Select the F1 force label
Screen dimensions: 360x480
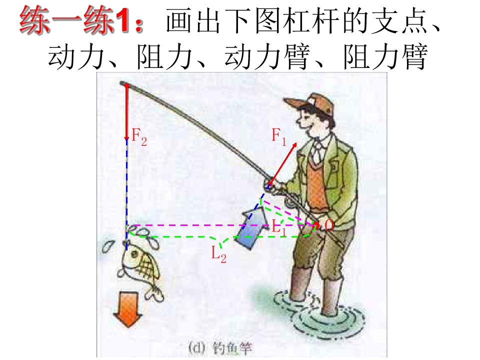279,135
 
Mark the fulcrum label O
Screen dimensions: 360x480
328,225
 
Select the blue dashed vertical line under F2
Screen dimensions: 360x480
126,185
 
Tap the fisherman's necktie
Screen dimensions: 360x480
316,152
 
